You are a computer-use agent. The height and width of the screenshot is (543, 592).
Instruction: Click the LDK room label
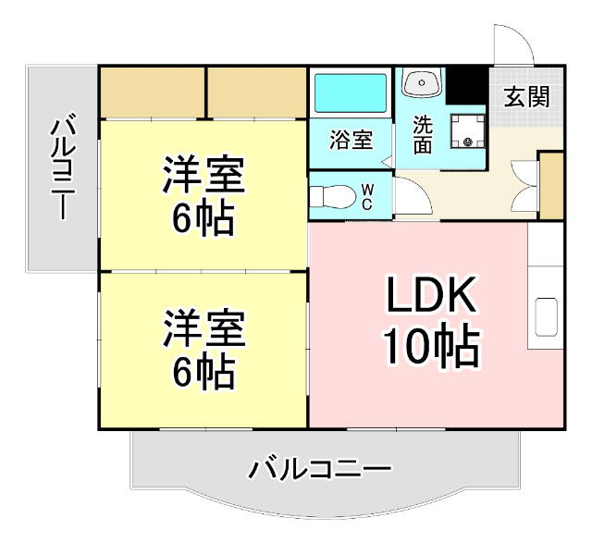tap(431, 298)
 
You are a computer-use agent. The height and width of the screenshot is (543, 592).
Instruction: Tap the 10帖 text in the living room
tap(431, 348)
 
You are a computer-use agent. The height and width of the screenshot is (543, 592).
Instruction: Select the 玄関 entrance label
tap(526, 96)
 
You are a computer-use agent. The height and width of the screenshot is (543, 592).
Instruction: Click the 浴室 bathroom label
tap(351, 141)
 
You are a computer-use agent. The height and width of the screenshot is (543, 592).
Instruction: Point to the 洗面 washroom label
tap(423, 135)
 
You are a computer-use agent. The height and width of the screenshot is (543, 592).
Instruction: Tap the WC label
tap(367, 197)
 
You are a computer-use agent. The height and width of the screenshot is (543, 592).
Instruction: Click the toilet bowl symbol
tap(331, 196)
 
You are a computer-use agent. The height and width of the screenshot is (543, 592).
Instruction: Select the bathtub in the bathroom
tap(351, 93)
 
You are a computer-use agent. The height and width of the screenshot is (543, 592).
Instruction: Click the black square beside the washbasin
tap(466, 85)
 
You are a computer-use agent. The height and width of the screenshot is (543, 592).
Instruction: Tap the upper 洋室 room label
tap(203, 176)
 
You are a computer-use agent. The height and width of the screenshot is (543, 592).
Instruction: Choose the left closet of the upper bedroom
tap(152, 92)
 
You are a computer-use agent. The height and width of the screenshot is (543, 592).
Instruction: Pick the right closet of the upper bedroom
tap(255, 92)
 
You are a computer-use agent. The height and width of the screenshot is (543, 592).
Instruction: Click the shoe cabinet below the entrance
tap(550, 186)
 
